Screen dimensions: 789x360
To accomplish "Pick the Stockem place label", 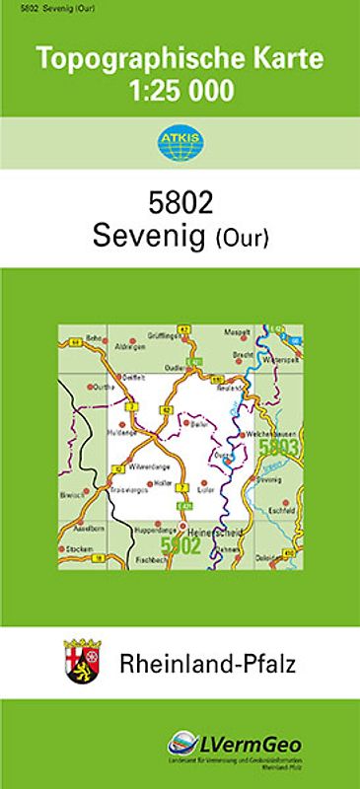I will coord(80,549).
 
